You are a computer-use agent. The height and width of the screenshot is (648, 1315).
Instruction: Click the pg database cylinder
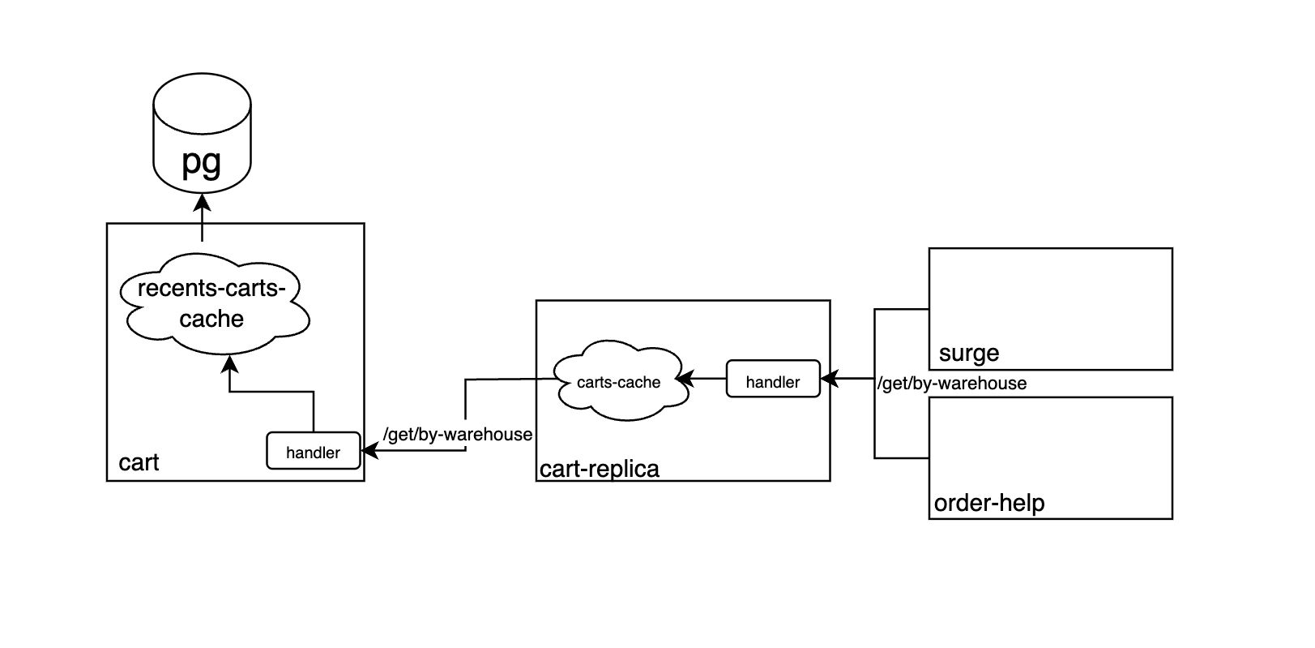pos(202,133)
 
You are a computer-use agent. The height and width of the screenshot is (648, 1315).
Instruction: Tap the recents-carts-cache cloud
pos(214,304)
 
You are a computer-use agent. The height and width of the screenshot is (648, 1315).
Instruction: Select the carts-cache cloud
pos(620,380)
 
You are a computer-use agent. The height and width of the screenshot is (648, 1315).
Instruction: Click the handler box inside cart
pos(314,451)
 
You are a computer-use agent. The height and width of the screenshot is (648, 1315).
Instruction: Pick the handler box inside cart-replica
pos(773,379)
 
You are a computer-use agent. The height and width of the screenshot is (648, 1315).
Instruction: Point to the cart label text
pos(139,463)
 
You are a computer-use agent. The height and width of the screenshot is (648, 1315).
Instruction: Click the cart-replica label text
pos(600,469)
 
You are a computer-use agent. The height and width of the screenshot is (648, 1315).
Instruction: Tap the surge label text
pos(969,353)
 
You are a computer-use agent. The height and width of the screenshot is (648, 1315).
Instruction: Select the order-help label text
pos(989,503)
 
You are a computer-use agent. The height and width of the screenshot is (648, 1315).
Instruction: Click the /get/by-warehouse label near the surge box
pos(952,384)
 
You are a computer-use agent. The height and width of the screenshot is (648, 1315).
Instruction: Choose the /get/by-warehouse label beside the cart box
pos(458,435)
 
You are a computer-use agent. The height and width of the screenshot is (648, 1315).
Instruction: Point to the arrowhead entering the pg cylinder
pos(202,202)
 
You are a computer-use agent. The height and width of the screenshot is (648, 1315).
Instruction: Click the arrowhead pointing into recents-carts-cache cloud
pos(229,364)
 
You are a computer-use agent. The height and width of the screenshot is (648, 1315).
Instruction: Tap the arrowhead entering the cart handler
pos(369,451)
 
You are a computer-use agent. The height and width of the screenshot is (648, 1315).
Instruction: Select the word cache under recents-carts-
pos(211,319)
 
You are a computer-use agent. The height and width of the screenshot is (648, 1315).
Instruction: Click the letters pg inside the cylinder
pos(202,161)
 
